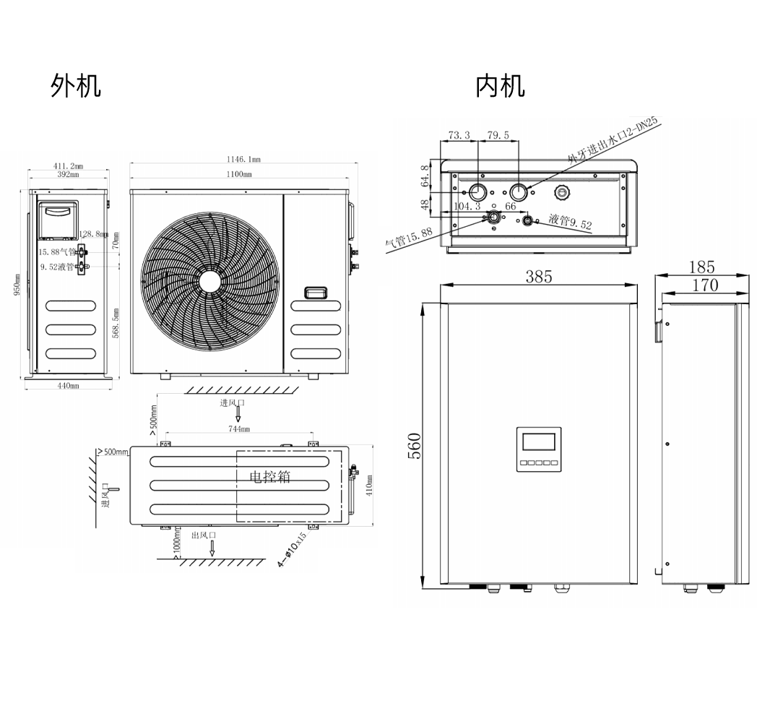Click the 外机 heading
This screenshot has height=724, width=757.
(x=76, y=86)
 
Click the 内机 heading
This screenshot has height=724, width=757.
(x=500, y=86)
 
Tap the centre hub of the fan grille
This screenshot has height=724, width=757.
(x=210, y=280)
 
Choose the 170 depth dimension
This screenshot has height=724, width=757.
(x=705, y=285)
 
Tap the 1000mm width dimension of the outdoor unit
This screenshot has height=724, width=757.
(x=239, y=174)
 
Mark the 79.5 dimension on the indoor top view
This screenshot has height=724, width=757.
(x=498, y=135)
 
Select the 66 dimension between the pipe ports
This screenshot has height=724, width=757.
(x=511, y=207)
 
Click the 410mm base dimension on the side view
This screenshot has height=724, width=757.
(x=69, y=385)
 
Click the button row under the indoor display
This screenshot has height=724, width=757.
(x=538, y=463)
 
